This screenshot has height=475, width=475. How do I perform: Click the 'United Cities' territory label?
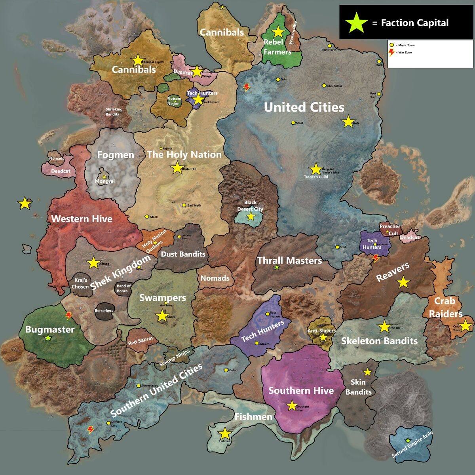click(304, 107)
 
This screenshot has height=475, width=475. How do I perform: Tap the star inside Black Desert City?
click(251, 217)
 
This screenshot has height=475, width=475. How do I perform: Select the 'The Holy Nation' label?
click(184, 154)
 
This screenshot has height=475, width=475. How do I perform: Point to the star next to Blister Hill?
click(177, 168)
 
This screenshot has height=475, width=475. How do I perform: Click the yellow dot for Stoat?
click(293, 123)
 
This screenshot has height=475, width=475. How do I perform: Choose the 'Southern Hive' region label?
click(301, 391)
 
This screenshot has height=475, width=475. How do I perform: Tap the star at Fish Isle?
click(224, 433)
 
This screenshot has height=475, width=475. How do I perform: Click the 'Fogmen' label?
click(116, 155)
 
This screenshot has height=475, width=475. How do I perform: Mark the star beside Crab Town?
click(465, 325)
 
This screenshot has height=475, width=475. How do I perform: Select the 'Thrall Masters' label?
click(289, 260)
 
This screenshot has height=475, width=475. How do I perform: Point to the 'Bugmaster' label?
click(50, 329)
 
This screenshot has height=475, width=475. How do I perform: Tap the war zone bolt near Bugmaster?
click(69, 315)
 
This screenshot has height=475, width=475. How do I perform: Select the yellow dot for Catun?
click(226, 370)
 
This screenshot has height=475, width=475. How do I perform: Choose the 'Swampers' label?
click(162, 298)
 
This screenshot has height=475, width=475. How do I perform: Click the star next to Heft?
click(348, 122)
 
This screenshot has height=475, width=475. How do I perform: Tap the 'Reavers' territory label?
click(393, 272)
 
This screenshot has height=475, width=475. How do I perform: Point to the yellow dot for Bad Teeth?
click(184, 205)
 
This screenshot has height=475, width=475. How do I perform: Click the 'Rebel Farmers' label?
click(277, 47)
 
